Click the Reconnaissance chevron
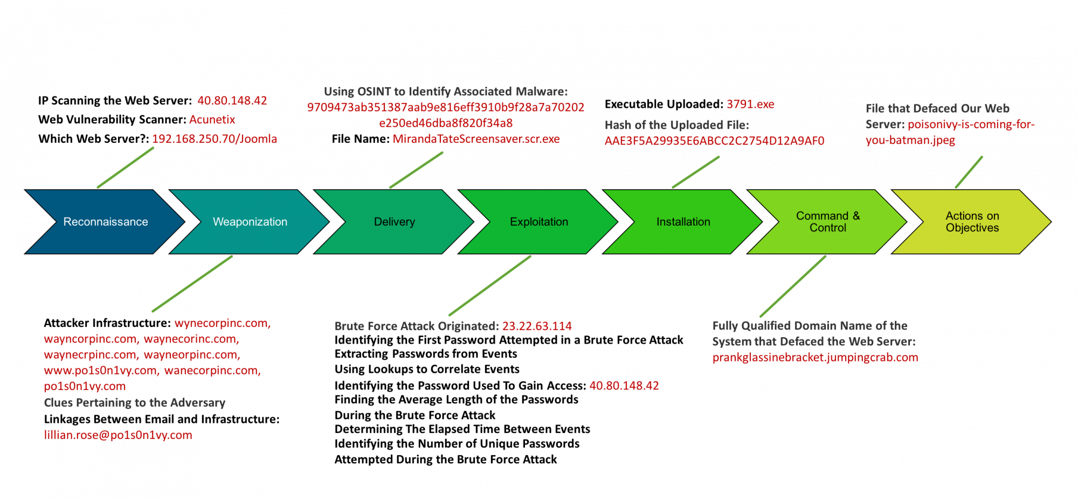(105, 222)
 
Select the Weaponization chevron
(250, 222)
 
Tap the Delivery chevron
(394, 222)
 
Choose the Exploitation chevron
(538, 222)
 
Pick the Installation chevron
(683, 222)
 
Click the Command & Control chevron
(827, 222)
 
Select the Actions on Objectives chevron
(972, 222)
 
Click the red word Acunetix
(212, 120)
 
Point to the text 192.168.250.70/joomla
(215, 139)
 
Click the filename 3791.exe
(750, 104)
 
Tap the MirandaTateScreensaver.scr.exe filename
(476, 139)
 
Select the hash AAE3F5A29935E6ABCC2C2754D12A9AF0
(714, 141)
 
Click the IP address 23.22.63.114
(537, 326)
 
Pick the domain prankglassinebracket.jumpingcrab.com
(815, 358)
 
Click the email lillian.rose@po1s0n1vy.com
(118, 435)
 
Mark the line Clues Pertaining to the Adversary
(135, 403)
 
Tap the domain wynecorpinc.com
(222, 324)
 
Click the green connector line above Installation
(695, 172)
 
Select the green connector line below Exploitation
(489, 285)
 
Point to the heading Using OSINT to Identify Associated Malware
(445, 92)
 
